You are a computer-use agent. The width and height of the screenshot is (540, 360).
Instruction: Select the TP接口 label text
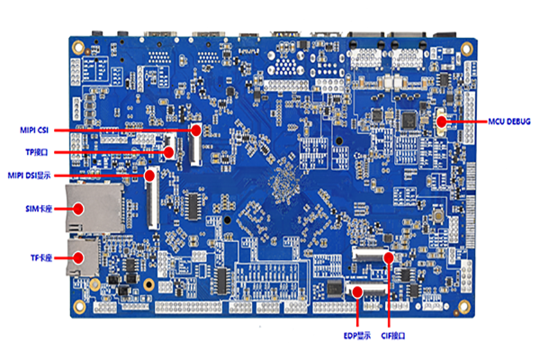(x=37, y=152)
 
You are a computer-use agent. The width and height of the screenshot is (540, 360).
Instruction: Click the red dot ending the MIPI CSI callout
(x=193, y=130)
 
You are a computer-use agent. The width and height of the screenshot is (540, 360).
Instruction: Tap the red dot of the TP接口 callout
(x=170, y=152)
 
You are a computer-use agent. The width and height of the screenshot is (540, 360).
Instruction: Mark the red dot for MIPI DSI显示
(x=149, y=175)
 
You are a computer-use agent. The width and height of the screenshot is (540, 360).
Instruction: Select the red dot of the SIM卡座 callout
(x=80, y=209)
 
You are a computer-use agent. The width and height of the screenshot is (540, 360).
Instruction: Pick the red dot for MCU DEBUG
(x=442, y=120)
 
